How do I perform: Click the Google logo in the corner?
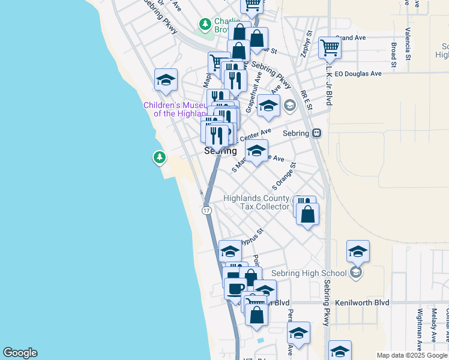click(x=20, y=353)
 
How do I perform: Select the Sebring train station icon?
click(x=316, y=133)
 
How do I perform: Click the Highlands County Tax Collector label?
click(x=256, y=202)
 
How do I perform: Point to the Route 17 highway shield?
click(x=206, y=211)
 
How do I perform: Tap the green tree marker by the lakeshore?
click(x=159, y=157)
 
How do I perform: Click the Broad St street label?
click(x=394, y=54)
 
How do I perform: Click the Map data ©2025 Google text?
click(x=412, y=355)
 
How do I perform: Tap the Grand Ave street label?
click(x=351, y=37)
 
